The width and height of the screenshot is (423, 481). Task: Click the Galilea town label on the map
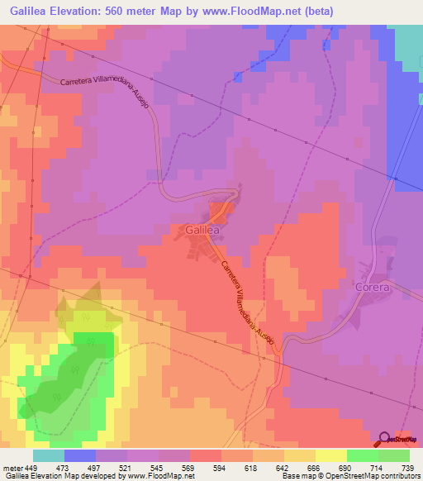point(197,230)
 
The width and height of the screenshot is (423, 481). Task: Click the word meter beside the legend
point(12,468)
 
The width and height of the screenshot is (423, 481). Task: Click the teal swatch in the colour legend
point(49,455)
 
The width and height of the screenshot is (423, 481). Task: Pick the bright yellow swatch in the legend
point(331,455)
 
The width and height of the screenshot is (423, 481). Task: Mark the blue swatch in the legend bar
point(80,455)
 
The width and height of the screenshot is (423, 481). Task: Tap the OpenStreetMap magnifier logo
point(386,438)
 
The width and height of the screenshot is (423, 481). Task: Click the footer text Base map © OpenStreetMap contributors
point(348,477)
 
